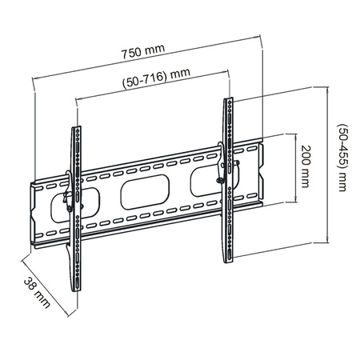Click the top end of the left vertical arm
click(x=77, y=129)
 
